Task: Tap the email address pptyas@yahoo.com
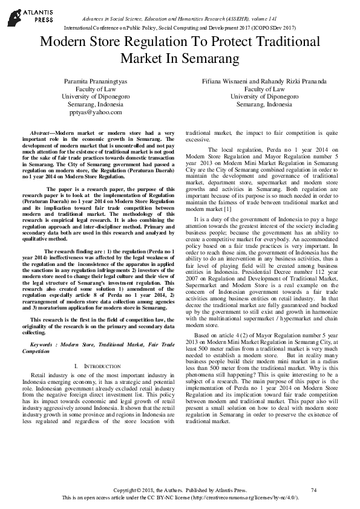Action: (95, 112)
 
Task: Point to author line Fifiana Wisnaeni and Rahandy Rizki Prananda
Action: (264, 80)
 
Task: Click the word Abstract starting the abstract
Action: (41, 132)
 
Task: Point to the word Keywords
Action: (42, 344)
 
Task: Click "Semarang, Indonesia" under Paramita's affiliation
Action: (95, 104)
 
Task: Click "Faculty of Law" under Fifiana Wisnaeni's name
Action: (264, 88)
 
